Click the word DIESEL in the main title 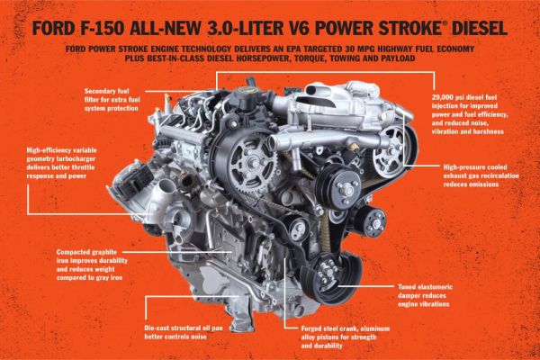[x=480, y=28]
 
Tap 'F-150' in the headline [x=103, y=28]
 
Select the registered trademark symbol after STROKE [x=445, y=23]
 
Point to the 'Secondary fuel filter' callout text [x=112, y=100]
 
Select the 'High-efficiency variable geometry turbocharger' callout [x=61, y=163]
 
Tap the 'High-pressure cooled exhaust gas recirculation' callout [x=481, y=175]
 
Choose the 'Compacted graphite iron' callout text [x=92, y=265]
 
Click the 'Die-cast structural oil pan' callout [x=184, y=332]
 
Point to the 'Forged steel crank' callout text [x=345, y=337]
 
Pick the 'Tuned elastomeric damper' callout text [x=425, y=295]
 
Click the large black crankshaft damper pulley [x=331, y=278]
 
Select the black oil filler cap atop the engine [x=247, y=99]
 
